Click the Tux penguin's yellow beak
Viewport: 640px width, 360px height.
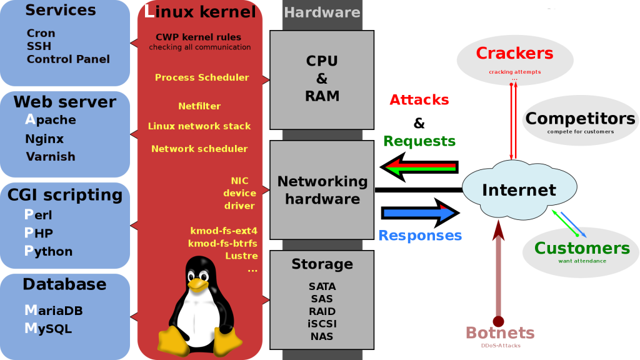click(198, 284)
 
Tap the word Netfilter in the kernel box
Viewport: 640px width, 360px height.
click(199, 106)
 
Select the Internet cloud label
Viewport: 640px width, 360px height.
click(519, 190)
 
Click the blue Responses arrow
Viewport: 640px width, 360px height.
click(421, 212)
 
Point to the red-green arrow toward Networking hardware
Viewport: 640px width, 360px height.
click(419, 167)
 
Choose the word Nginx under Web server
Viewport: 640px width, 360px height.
click(44, 139)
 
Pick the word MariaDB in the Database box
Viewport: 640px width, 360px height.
click(54, 310)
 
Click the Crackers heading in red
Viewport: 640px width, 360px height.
click(514, 53)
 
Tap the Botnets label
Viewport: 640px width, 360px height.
click(500, 332)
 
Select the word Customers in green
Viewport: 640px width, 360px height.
click(582, 248)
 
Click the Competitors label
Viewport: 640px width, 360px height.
click(580, 118)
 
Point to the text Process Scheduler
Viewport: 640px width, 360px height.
click(202, 77)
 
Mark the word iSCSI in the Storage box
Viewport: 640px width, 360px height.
click(322, 324)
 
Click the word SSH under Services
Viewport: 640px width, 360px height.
click(39, 46)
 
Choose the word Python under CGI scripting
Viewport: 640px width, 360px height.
click(48, 251)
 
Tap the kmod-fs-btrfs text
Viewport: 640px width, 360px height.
click(222, 243)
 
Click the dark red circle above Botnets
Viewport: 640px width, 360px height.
click(498, 321)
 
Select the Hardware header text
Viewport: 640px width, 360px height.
click(322, 12)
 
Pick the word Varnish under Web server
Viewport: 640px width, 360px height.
click(51, 157)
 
